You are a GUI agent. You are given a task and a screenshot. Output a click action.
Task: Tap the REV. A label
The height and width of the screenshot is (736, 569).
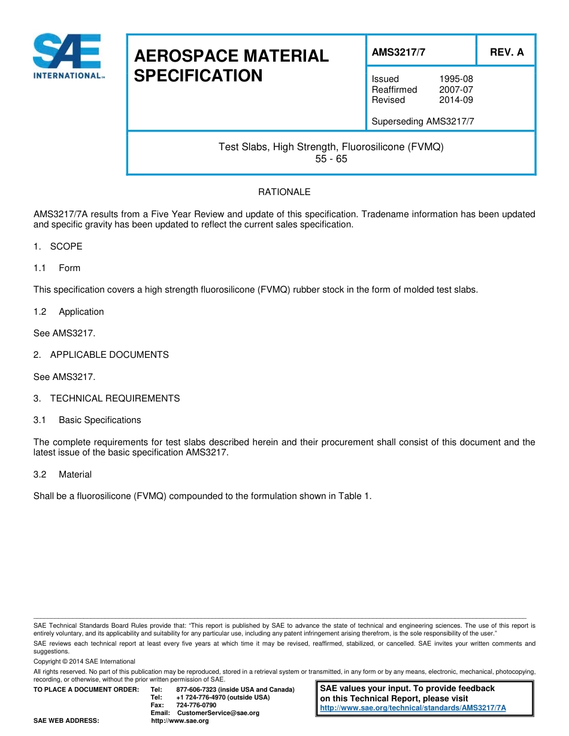coord(507,52)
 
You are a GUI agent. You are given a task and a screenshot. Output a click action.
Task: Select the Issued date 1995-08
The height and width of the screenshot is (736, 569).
coord(456,79)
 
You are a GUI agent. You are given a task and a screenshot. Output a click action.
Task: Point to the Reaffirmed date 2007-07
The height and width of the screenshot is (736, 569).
coord(456,90)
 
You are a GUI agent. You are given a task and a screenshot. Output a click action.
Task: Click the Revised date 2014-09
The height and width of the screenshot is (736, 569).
coord(456,100)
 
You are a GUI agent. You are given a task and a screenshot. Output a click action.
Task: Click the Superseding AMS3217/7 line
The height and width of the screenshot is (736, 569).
coord(423,121)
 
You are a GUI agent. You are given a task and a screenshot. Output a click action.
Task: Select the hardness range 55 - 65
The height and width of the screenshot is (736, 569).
coord(331,159)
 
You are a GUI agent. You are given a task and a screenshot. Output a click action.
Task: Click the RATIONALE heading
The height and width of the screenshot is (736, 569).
coord(284,192)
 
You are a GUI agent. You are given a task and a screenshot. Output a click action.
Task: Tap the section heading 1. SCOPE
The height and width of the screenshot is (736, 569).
coord(58,247)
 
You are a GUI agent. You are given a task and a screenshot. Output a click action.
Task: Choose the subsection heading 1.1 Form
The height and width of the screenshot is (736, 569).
coord(57,268)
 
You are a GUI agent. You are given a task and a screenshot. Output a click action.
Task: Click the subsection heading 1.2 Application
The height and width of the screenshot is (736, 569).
coord(69,312)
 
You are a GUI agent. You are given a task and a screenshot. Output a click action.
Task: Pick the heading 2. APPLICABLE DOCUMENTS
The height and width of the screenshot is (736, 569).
coord(101,355)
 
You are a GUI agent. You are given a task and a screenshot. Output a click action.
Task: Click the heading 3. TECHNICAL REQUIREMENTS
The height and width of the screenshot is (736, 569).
coord(107,399)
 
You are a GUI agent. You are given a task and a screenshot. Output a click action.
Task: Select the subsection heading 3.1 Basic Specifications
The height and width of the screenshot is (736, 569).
coord(87,420)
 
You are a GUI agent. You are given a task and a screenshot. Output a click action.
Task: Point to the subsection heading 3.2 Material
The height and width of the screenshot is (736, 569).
coord(63,475)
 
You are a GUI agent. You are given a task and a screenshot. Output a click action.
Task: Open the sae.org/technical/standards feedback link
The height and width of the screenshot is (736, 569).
coord(413,708)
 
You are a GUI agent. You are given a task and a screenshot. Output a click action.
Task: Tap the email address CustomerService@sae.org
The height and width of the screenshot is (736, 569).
coord(218,713)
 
